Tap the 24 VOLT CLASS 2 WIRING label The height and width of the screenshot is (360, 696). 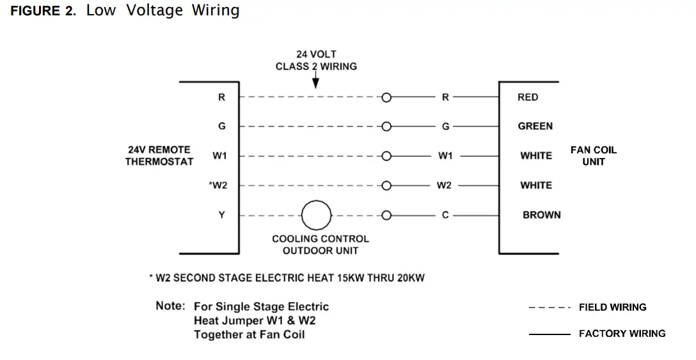[316, 60]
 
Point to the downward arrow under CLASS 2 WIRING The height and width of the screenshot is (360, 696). [315, 82]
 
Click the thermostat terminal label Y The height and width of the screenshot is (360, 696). [221, 215]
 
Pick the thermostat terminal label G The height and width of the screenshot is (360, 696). [221, 126]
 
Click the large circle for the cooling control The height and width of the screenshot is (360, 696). [316, 215]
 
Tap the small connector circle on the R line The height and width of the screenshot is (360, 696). [386, 97]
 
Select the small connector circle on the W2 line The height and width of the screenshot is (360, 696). [386, 185]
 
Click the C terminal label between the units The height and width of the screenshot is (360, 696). [445, 215]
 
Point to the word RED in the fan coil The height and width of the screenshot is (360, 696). [528, 97]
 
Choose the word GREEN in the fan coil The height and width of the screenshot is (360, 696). [535, 126]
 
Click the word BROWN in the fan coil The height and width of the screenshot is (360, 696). [541, 215]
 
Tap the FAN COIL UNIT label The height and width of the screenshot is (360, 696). [594, 155]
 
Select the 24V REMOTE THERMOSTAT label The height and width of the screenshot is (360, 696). [159, 155]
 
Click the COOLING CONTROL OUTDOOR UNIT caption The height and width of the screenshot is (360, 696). [320, 244]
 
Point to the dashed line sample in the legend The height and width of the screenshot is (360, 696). [549, 308]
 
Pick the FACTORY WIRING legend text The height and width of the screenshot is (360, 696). [622, 333]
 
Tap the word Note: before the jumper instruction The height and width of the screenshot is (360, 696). [170, 306]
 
